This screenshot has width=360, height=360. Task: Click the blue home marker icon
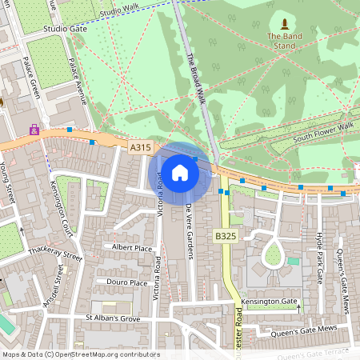pos(180,172)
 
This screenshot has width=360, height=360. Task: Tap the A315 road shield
pos(139,147)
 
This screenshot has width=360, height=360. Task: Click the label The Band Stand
pos(286,41)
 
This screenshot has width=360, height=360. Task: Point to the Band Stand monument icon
pos(286,22)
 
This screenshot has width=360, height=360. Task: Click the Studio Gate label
pos(66,28)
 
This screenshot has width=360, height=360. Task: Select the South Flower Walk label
pos(322,127)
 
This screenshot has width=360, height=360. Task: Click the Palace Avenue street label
pos(76,80)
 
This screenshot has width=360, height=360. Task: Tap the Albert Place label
pos(132,248)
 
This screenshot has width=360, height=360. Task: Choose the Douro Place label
pos(127,282)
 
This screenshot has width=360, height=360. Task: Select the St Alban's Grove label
pos(118,318)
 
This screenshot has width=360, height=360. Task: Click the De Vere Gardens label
pos(190,231)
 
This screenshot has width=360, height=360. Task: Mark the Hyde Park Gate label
pos(319,252)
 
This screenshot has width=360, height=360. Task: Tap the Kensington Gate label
pos(268,302)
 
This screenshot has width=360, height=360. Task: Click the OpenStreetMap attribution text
pos(80,354)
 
